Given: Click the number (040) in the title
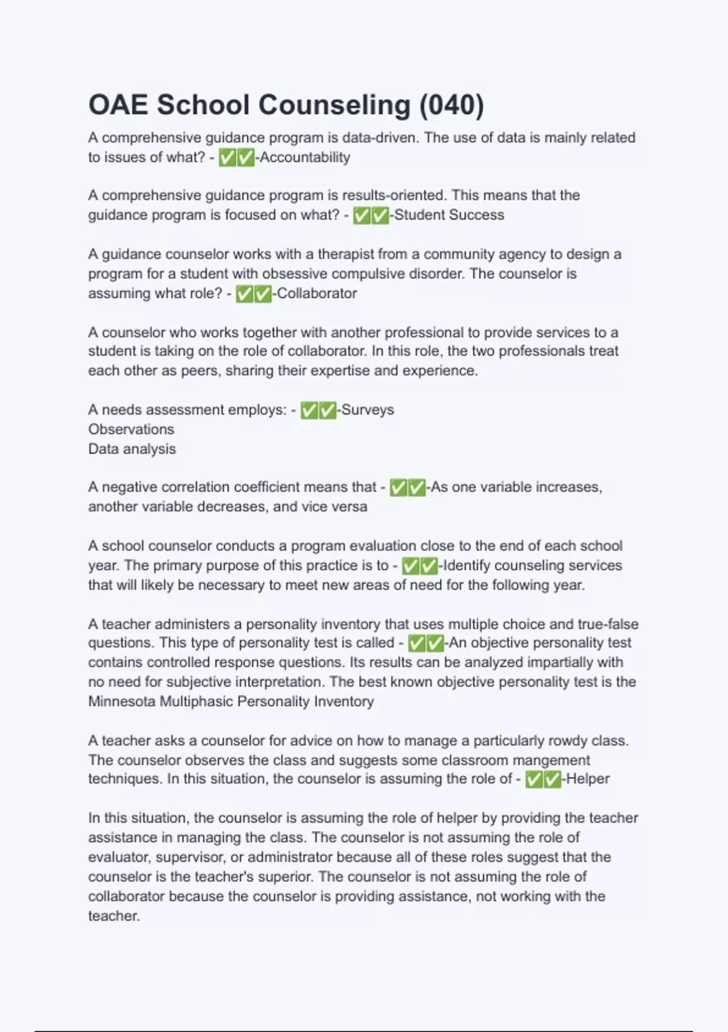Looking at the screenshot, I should click(x=451, y=105).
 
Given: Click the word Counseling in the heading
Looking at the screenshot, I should click(x=334, y=105).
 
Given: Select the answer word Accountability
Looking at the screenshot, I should click(x=305, y=157).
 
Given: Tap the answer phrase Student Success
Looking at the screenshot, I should click(x=449, y=215).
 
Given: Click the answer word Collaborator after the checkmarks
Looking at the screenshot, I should click(x=317, y=293).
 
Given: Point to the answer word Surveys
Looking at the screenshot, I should click(x=367, y=410).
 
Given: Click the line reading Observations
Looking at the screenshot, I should click(x=131, y=429).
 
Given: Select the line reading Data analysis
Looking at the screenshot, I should click(x=132, y=449).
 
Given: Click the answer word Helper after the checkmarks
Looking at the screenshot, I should click(x=588, y=779).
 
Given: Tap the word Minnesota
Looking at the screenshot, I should click(x=122, y=701).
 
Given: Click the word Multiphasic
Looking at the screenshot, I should click(x=196, y=701).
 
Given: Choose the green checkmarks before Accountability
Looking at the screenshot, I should click(x=237, y=158).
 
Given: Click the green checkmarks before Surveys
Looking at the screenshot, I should click(x=318, y=410).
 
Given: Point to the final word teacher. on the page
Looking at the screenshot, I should click(x=114, y=915).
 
